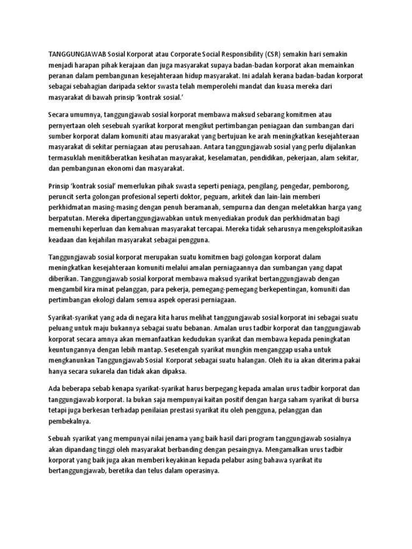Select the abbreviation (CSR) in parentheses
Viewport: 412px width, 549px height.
[274, 54]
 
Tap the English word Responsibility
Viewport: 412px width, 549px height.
[240, 54]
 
